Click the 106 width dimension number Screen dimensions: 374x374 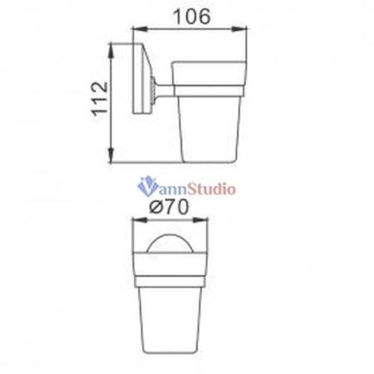click(x=192, y=17)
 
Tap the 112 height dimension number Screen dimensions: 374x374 click(x=100, y=99)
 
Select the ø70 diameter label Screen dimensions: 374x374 click(x=169, y=207)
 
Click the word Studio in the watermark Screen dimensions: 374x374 click(x=212, y=189)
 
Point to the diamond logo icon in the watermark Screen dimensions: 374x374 click(x=148, y=185)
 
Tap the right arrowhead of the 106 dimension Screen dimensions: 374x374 click(x=239, y=28)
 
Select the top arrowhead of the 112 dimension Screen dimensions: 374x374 click(x=111, y=51)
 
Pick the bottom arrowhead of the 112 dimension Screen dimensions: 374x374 click(x=111, y=155)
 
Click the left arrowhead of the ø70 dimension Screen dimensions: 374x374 click(x=140, y=220)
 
